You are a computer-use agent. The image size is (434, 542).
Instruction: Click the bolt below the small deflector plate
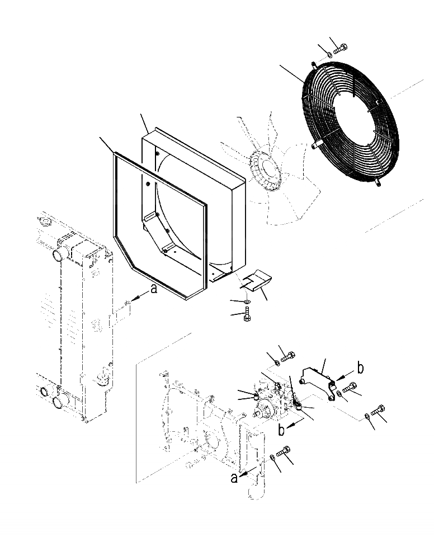point(247,317)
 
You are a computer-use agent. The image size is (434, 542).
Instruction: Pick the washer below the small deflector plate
point(247,303)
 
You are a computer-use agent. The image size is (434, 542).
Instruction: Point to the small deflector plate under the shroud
point(257,280)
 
